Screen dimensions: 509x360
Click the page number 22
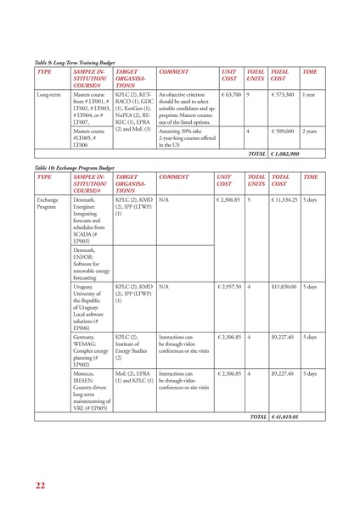tap(40, 485)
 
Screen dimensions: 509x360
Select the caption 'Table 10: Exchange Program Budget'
tap(74, 168)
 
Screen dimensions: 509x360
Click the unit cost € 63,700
tap(230, 95)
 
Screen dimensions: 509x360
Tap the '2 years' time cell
tap(310, 132)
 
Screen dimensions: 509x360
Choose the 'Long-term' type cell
tap(48, 95)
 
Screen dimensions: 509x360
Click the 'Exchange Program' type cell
tap(48, 204)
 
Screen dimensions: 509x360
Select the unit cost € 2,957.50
tap(229, 288)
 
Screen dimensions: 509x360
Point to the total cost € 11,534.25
tap(284, 200)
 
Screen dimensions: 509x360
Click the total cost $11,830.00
tap(283, 288)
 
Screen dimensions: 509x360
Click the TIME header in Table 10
tap(311, 177)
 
